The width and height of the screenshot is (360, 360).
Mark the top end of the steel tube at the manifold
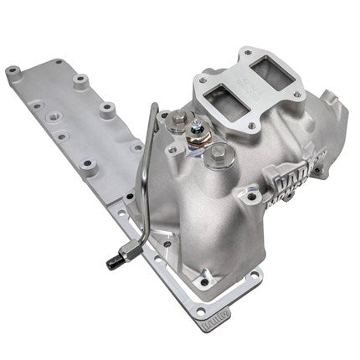157,108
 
